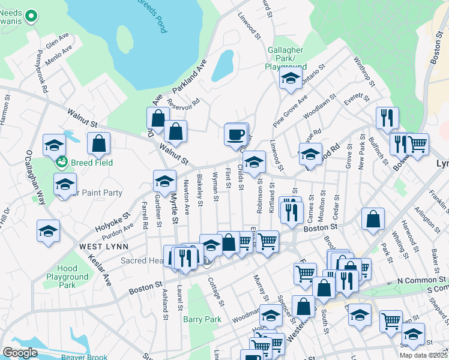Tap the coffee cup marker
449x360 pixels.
[236, 133]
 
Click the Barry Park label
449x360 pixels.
[202, 319]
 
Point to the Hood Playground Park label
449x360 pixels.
[67, 277]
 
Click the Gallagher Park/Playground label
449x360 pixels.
[286, 59]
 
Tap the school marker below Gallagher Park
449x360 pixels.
[291, 78]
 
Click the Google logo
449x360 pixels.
[20, 353]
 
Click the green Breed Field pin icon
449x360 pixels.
[61, 161]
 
